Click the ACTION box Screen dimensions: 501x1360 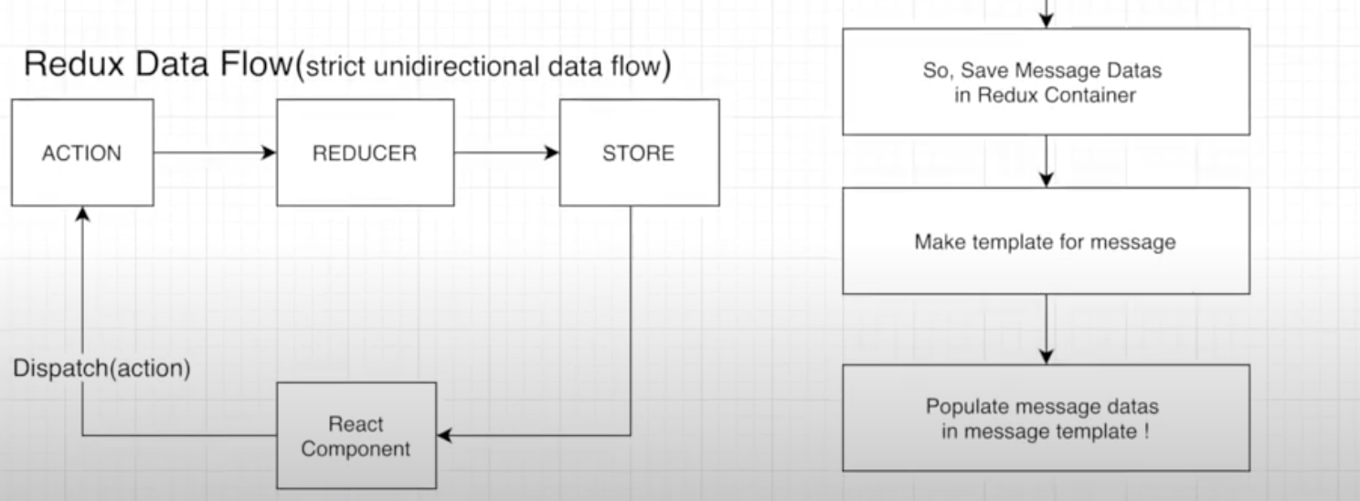tap(82, 153)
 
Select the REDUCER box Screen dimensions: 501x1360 tap(365, 153)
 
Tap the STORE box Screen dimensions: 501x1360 tap(638, 153)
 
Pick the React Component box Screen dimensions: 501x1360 tap(356, 436)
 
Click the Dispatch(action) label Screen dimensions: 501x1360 tap(102, 369)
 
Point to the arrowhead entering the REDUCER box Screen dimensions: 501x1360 tap(269, 153)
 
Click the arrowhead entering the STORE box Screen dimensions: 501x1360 tap(552, 153)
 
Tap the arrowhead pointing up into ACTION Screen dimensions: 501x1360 tap(82, 213)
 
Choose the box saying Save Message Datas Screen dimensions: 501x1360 tap(1046, 82)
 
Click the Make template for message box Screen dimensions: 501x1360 tap(1046, 241)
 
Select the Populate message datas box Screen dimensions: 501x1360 tap(1046, 418)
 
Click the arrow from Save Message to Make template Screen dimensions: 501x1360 tap(1046, 162)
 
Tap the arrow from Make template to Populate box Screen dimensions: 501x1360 tap(1046, 329)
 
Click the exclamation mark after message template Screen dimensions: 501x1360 tap(1146, 431)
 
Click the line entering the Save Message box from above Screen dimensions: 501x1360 tap(1046, 13)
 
